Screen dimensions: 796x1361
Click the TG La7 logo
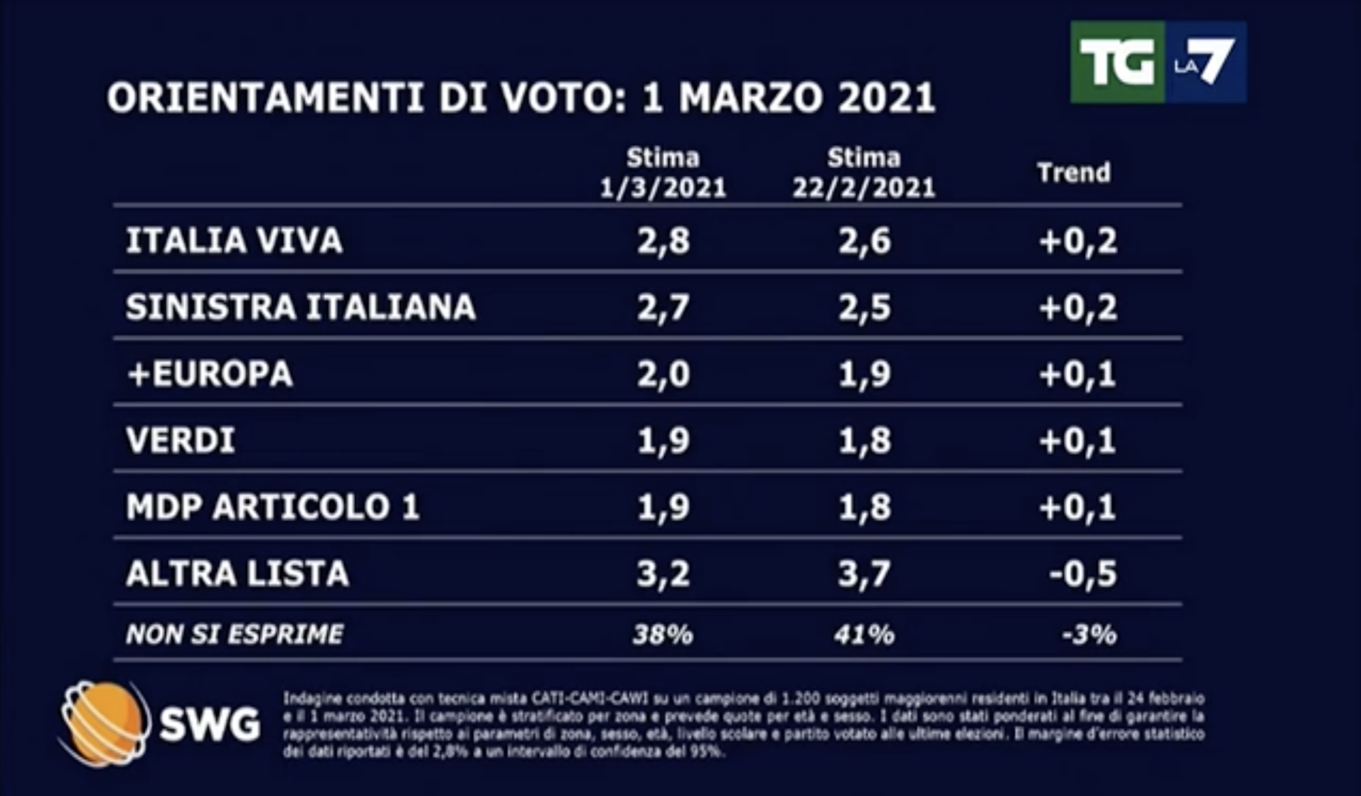coord(1158,62)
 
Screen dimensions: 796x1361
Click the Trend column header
coord(1074,173)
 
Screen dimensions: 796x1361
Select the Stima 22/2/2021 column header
coord(863,173)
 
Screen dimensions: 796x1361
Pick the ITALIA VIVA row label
coord(234,241)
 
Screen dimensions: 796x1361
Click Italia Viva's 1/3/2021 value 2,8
coord(663,241)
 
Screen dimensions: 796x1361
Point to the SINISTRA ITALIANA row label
coord(300,307)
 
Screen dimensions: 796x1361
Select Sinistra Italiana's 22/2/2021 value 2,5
coord(863,307)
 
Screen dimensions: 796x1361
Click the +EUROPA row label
coord(209,373)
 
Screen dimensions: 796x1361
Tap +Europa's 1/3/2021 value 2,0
coord(663,373)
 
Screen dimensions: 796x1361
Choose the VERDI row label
coord(181,440)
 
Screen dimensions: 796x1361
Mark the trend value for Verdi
coord(1077,440)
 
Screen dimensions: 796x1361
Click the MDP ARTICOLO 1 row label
coord(272,507)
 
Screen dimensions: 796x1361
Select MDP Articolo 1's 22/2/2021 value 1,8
coord(863,507)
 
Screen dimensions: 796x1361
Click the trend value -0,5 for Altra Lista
coord(1083,573)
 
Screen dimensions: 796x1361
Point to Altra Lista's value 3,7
coord(863,573)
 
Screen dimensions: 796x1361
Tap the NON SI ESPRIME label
coord(234,634)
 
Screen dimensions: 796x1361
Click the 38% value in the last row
coord(663,635)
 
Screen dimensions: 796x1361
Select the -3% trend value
coord(1089,635)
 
